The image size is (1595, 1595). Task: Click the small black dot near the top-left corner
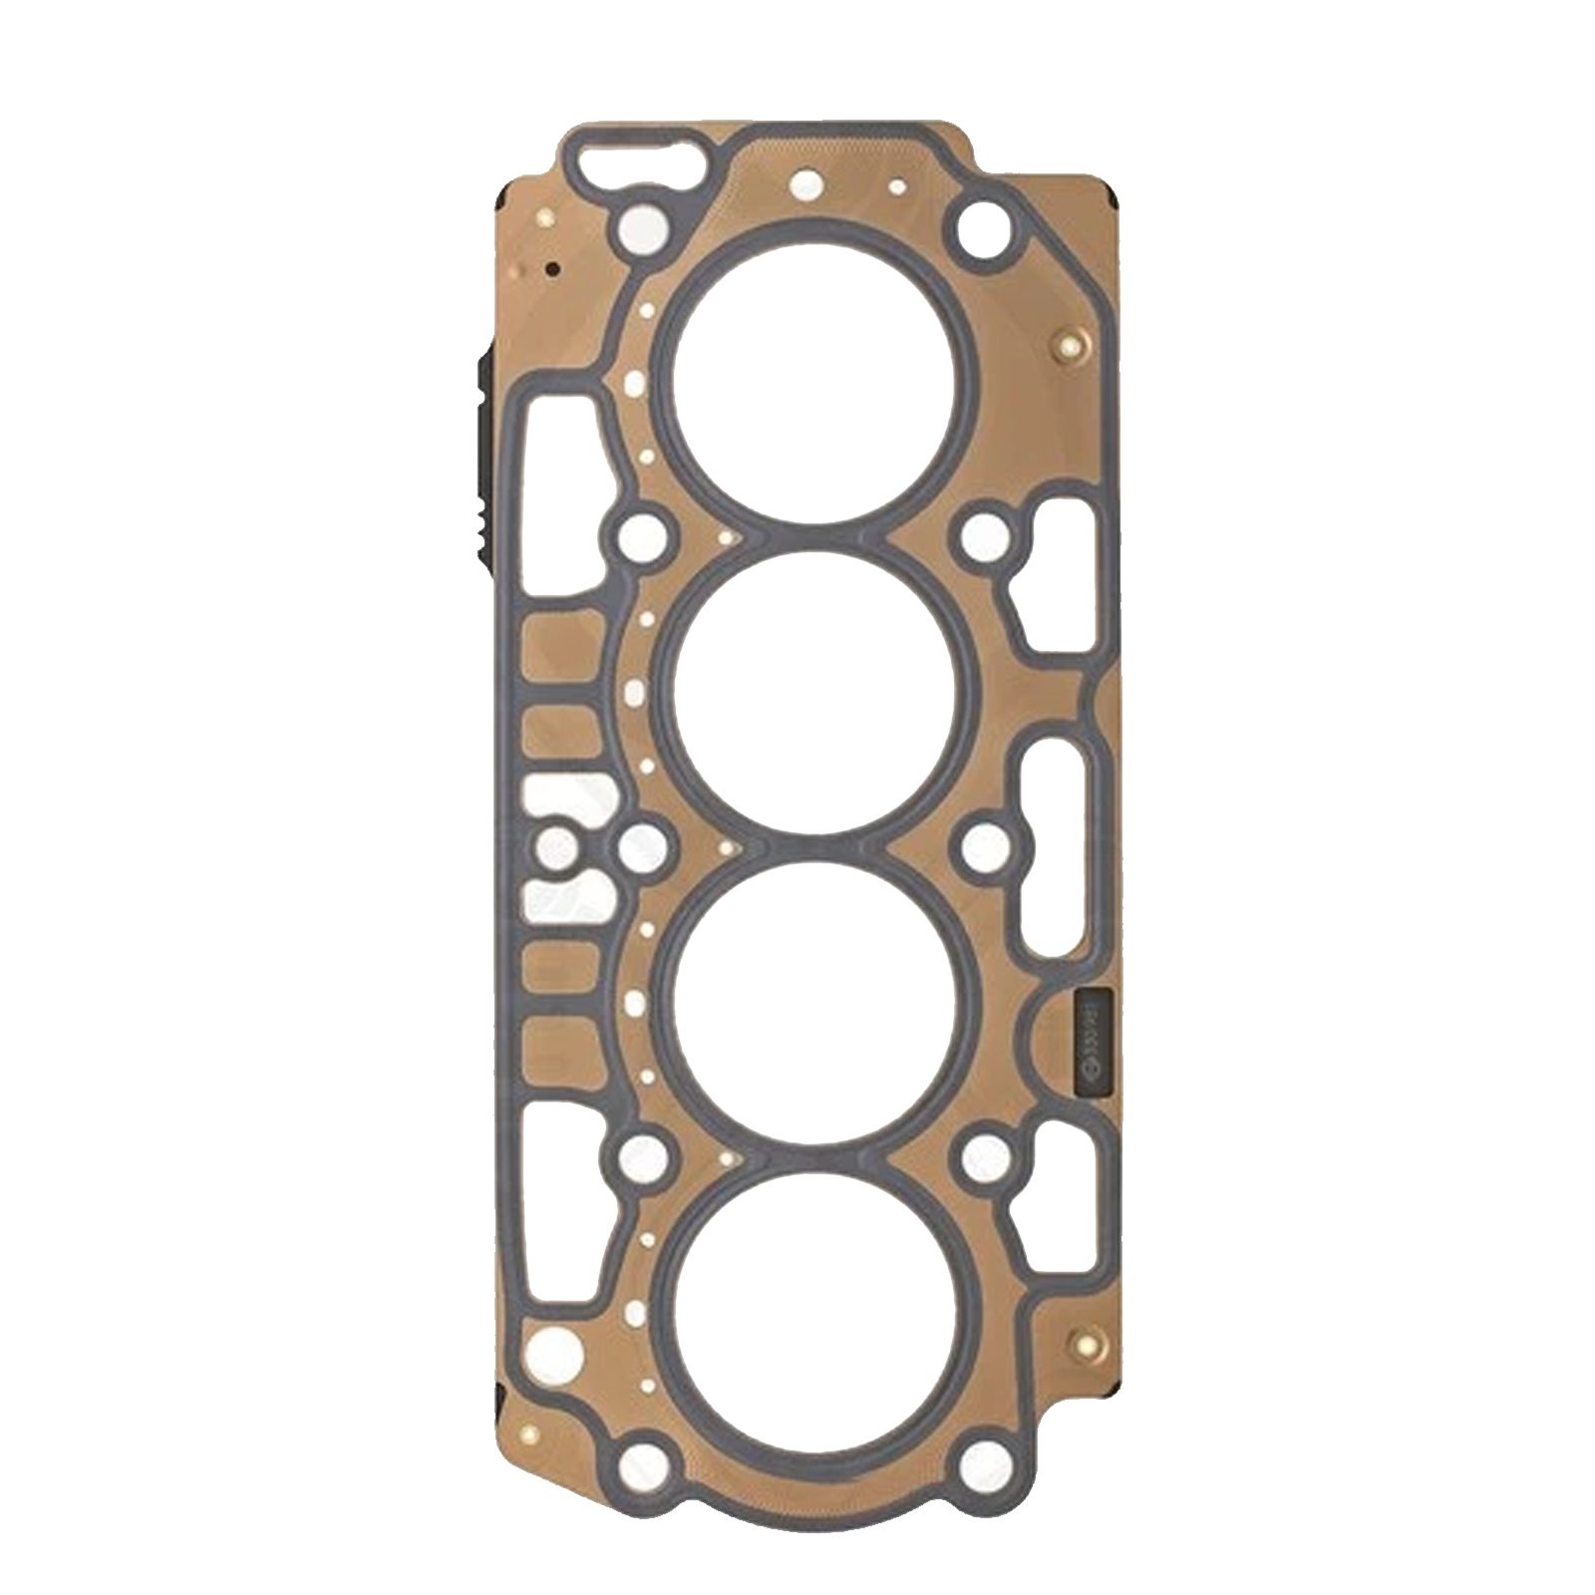[549, 267]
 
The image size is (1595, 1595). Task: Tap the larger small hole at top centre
[803, 185]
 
